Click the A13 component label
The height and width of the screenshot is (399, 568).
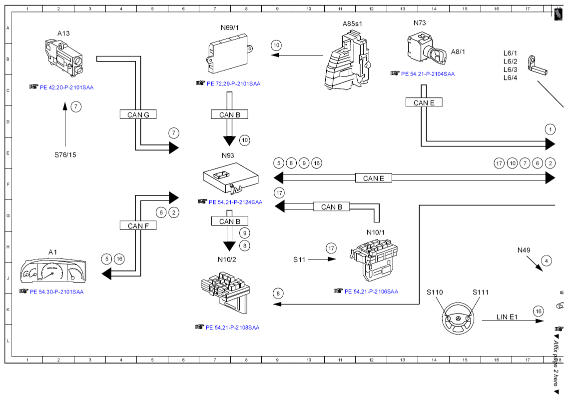click(63, 33)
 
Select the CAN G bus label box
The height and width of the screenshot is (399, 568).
click(138, 114)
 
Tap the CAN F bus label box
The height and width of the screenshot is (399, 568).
click(138, 225)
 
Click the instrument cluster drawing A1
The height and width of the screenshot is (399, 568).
click(53, 270)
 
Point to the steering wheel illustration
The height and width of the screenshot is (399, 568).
click(458, 318)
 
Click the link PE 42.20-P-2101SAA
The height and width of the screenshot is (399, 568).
click(66, 87)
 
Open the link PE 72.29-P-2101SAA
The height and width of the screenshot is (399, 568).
click(234, 84)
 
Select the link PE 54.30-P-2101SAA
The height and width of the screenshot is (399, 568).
click(56, 291)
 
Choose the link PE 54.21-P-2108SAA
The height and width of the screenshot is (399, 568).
click(233, 327)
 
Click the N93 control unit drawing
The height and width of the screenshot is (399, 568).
click(231, 177)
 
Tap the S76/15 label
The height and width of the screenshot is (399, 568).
click(65, 155)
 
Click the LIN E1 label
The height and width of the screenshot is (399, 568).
click(507, 317)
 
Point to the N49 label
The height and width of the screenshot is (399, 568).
click(524, 250)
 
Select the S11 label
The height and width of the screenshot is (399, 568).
click(299, 259)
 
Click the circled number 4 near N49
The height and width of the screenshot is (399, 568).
click(546, 261)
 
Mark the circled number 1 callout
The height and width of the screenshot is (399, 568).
click(550, 129)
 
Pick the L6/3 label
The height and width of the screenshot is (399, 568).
click(511, 69)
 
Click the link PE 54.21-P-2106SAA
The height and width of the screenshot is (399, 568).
click(371, 291)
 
